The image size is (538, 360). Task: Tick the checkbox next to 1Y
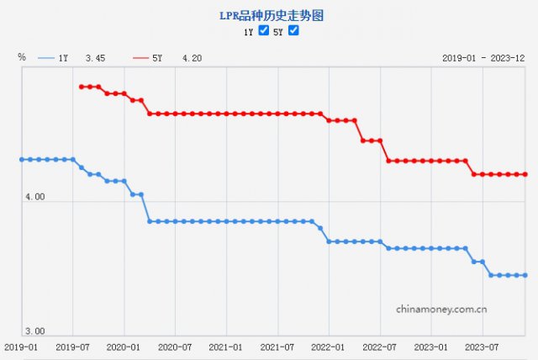(x=264, y=31)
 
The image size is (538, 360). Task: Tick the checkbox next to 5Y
(x=293, y=31)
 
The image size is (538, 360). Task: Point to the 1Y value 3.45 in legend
(x=95, y=58)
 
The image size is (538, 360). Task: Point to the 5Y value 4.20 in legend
(x=192, y=58)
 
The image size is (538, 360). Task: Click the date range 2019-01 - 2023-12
(x=483, y=58)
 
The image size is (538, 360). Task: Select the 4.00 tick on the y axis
(x=34, y=196)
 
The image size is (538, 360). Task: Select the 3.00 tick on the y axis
(x=34, y=331)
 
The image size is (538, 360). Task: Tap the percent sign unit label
(x=22, y=57)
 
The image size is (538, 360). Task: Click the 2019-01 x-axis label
(x=21, y=347)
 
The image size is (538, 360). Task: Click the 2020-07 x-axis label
(x=175, y=347)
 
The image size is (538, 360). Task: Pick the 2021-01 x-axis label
(x=226, y=347)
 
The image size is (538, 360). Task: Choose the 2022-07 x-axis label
(x=380, y=347)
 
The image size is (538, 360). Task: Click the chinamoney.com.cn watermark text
(x=442, y=309)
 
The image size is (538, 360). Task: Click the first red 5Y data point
(x=81, y=87)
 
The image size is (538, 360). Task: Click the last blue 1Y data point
(x=525, y=275)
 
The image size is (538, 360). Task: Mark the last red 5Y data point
(x=525, y=174)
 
